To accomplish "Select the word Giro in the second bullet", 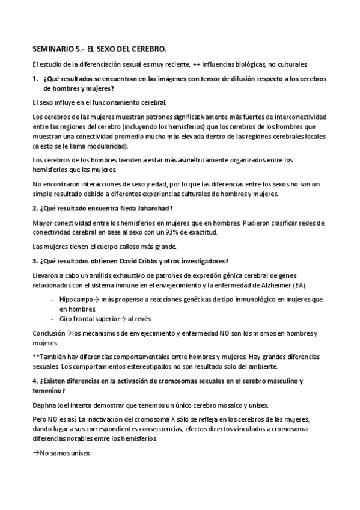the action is pyautogui.click(x=66, y=318).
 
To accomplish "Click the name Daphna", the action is pyautogui.click(x=44, y=404).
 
